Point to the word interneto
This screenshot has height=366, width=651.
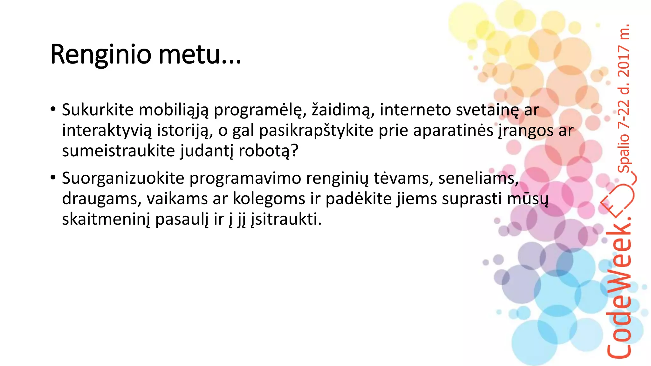(415, 110)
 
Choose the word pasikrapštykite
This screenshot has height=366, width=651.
(316, 131)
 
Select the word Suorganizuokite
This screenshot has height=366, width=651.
(123, 178)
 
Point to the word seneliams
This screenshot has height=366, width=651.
(478, 178)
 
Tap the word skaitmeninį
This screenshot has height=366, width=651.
(106, 219)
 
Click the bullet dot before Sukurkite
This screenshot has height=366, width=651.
(53, 109)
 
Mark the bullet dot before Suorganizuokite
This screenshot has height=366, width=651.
(53, 177)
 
